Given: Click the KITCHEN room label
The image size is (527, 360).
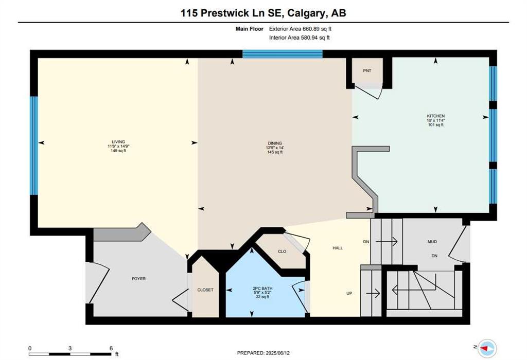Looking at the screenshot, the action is tap(435, 116).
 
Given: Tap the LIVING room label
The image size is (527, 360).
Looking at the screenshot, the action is tap(118, 142).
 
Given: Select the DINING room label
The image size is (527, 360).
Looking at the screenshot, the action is tap(275, 143).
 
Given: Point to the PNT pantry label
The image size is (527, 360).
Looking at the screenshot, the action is tap(367, 71).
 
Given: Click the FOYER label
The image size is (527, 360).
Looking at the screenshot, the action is tap(139, 279).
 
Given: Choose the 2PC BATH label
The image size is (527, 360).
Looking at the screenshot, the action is tap(262, 289).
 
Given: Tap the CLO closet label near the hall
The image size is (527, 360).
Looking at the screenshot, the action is tap(282, 251).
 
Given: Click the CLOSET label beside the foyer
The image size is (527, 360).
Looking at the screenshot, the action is tap(205, 290).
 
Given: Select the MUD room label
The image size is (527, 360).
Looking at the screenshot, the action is tap(432, 242).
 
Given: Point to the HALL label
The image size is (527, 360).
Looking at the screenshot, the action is tap(338, 248).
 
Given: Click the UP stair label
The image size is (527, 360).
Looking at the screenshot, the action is tap(349, 294).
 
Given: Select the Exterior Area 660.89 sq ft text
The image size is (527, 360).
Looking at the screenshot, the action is tap(300, 29).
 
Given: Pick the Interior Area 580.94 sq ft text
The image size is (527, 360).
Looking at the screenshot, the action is tap(300, 38).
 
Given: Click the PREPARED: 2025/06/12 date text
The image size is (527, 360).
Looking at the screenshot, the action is tap(263, 353).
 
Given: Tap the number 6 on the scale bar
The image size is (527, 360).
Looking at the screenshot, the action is tap(111, 348).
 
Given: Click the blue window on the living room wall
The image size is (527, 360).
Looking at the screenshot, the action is tap(34, 146).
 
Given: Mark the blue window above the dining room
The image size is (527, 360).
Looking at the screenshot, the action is tap(283, 54).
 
